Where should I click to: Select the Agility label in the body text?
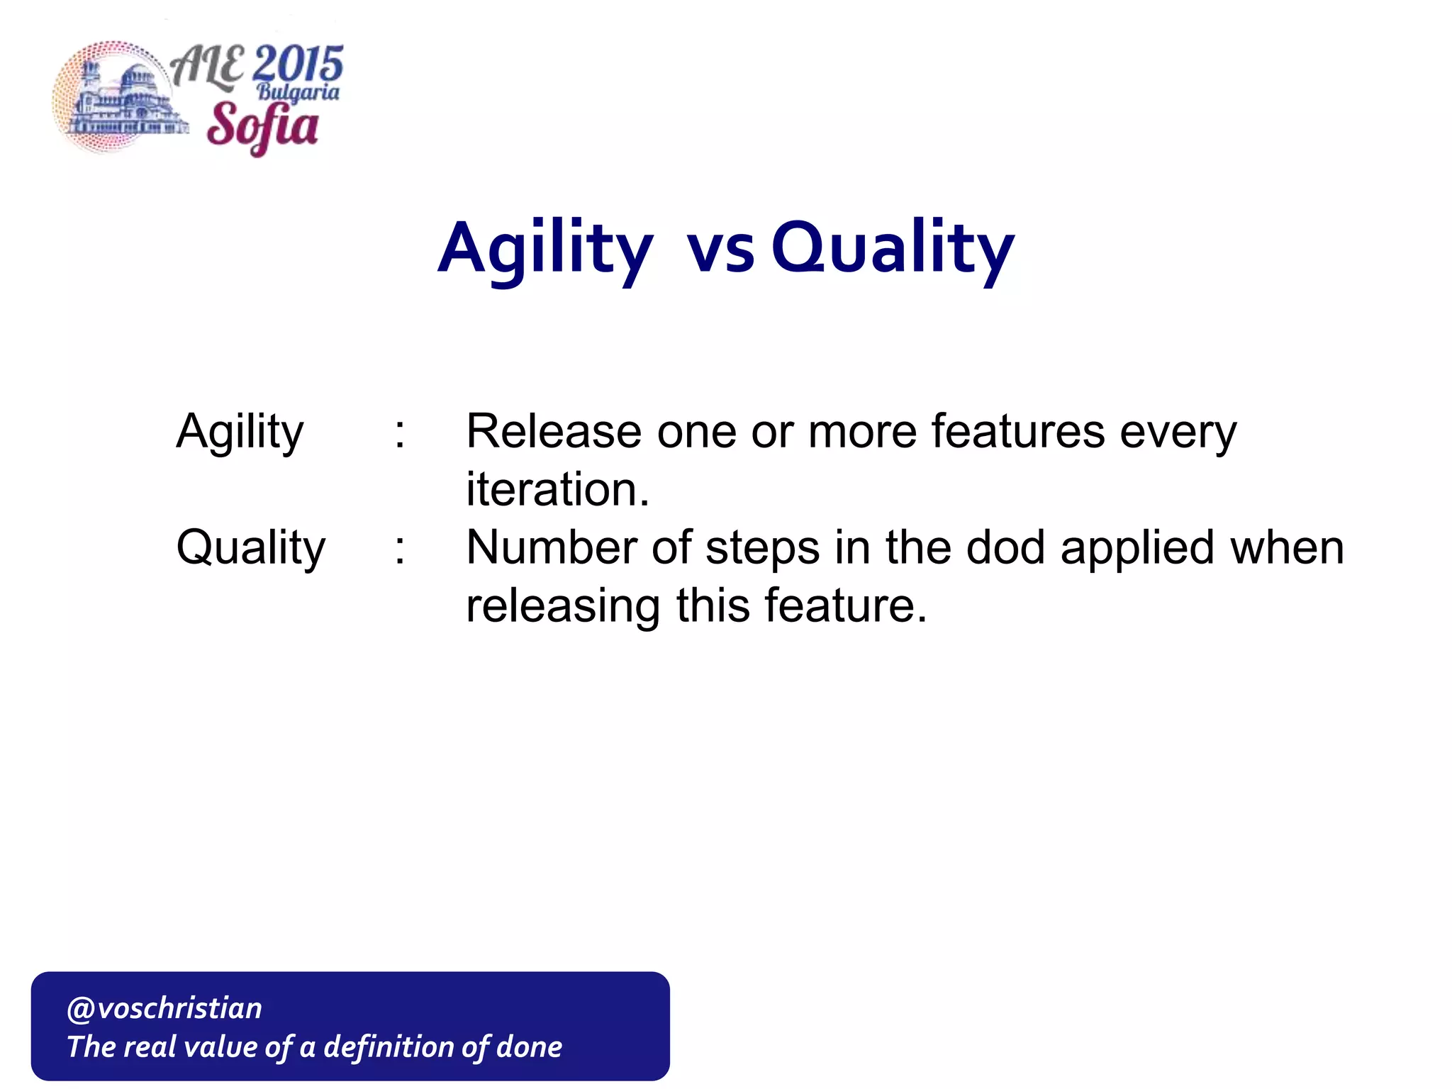pyautogui.click(x=240, y=432)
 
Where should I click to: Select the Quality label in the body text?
pyautogui.click(x=250, y=549)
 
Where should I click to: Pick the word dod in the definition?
pyautogui.click(x=1005, y=547)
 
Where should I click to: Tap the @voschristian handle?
pyautogui.click(x=164, y=1008)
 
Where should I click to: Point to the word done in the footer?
pyautogui.click(x=529, y=1047)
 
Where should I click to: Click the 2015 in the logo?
pyautogui.click(x=298, y=65)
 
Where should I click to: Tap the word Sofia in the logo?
pyautogui.click(x=262, y=125)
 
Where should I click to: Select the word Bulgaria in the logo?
pyautogui.click(x=298, y=93)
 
